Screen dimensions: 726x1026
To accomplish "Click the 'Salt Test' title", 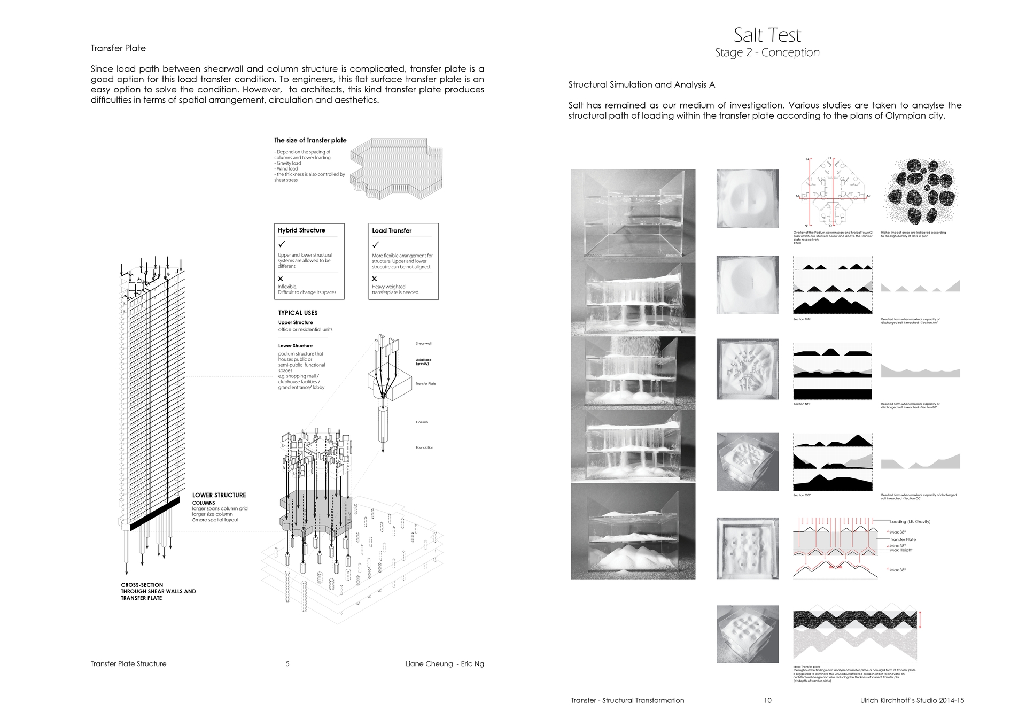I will (767, 35).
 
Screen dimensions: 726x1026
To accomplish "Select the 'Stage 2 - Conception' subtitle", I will (767, 52).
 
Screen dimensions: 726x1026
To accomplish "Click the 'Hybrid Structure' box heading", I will (301, 230).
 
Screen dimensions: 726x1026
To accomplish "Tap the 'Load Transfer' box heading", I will (392, 231).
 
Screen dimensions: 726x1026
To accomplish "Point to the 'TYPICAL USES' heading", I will (298, 313).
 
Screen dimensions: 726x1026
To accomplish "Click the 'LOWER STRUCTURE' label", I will (219, 495).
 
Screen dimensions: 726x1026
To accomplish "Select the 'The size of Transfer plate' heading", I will (310, 140).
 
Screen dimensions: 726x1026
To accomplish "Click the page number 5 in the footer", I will (287, 664).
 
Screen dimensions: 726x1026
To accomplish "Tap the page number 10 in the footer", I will (767, 700).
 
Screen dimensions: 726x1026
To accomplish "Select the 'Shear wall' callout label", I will (423, 343).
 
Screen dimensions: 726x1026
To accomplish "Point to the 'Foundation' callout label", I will (424, 447).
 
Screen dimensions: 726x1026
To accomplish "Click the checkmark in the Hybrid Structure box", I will (282, 244).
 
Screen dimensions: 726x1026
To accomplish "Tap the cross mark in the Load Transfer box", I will (375, 279).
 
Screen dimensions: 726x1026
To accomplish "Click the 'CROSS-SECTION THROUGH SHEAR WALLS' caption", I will (158, 591).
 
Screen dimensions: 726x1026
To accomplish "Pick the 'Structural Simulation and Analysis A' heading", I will (641, 84).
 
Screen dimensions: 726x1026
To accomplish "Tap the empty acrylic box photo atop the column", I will (633, 215).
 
